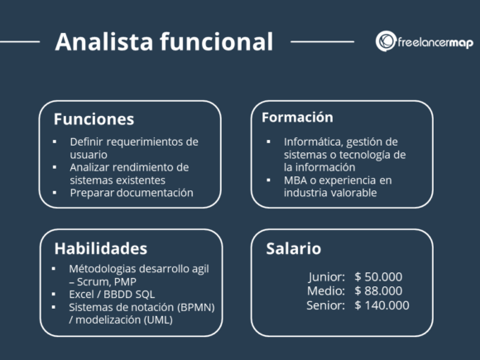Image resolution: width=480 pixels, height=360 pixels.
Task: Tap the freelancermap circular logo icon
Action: pos(386,41)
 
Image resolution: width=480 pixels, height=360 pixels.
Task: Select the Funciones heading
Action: pos(94,119)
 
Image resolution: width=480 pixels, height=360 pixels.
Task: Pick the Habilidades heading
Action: pos(100,248)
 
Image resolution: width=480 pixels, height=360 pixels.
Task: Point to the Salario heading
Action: pos(293,248)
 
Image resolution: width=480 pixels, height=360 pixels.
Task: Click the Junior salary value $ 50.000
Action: pos(378,276)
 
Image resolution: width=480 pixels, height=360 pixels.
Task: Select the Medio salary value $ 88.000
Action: pos(378,290)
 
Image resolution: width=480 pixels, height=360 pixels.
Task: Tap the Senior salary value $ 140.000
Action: pos(382,305)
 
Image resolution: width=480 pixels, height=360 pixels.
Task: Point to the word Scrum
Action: pos(97,281)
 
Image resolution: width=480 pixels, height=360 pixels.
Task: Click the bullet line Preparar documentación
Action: pos(132,192)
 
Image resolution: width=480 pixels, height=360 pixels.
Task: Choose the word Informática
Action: pos(314,142)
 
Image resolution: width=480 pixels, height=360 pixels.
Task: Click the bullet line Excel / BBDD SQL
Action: pos(112,294)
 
